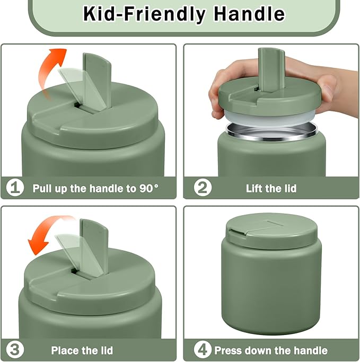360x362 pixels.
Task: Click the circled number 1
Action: click(x=15, y=188)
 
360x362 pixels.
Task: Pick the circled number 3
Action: click(x=15, y=350)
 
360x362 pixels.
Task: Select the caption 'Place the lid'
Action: click(x=82, y=350)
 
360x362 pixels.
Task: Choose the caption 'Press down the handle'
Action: click(x=271, y=350)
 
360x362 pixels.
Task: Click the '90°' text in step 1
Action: click(x=148, y=188)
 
